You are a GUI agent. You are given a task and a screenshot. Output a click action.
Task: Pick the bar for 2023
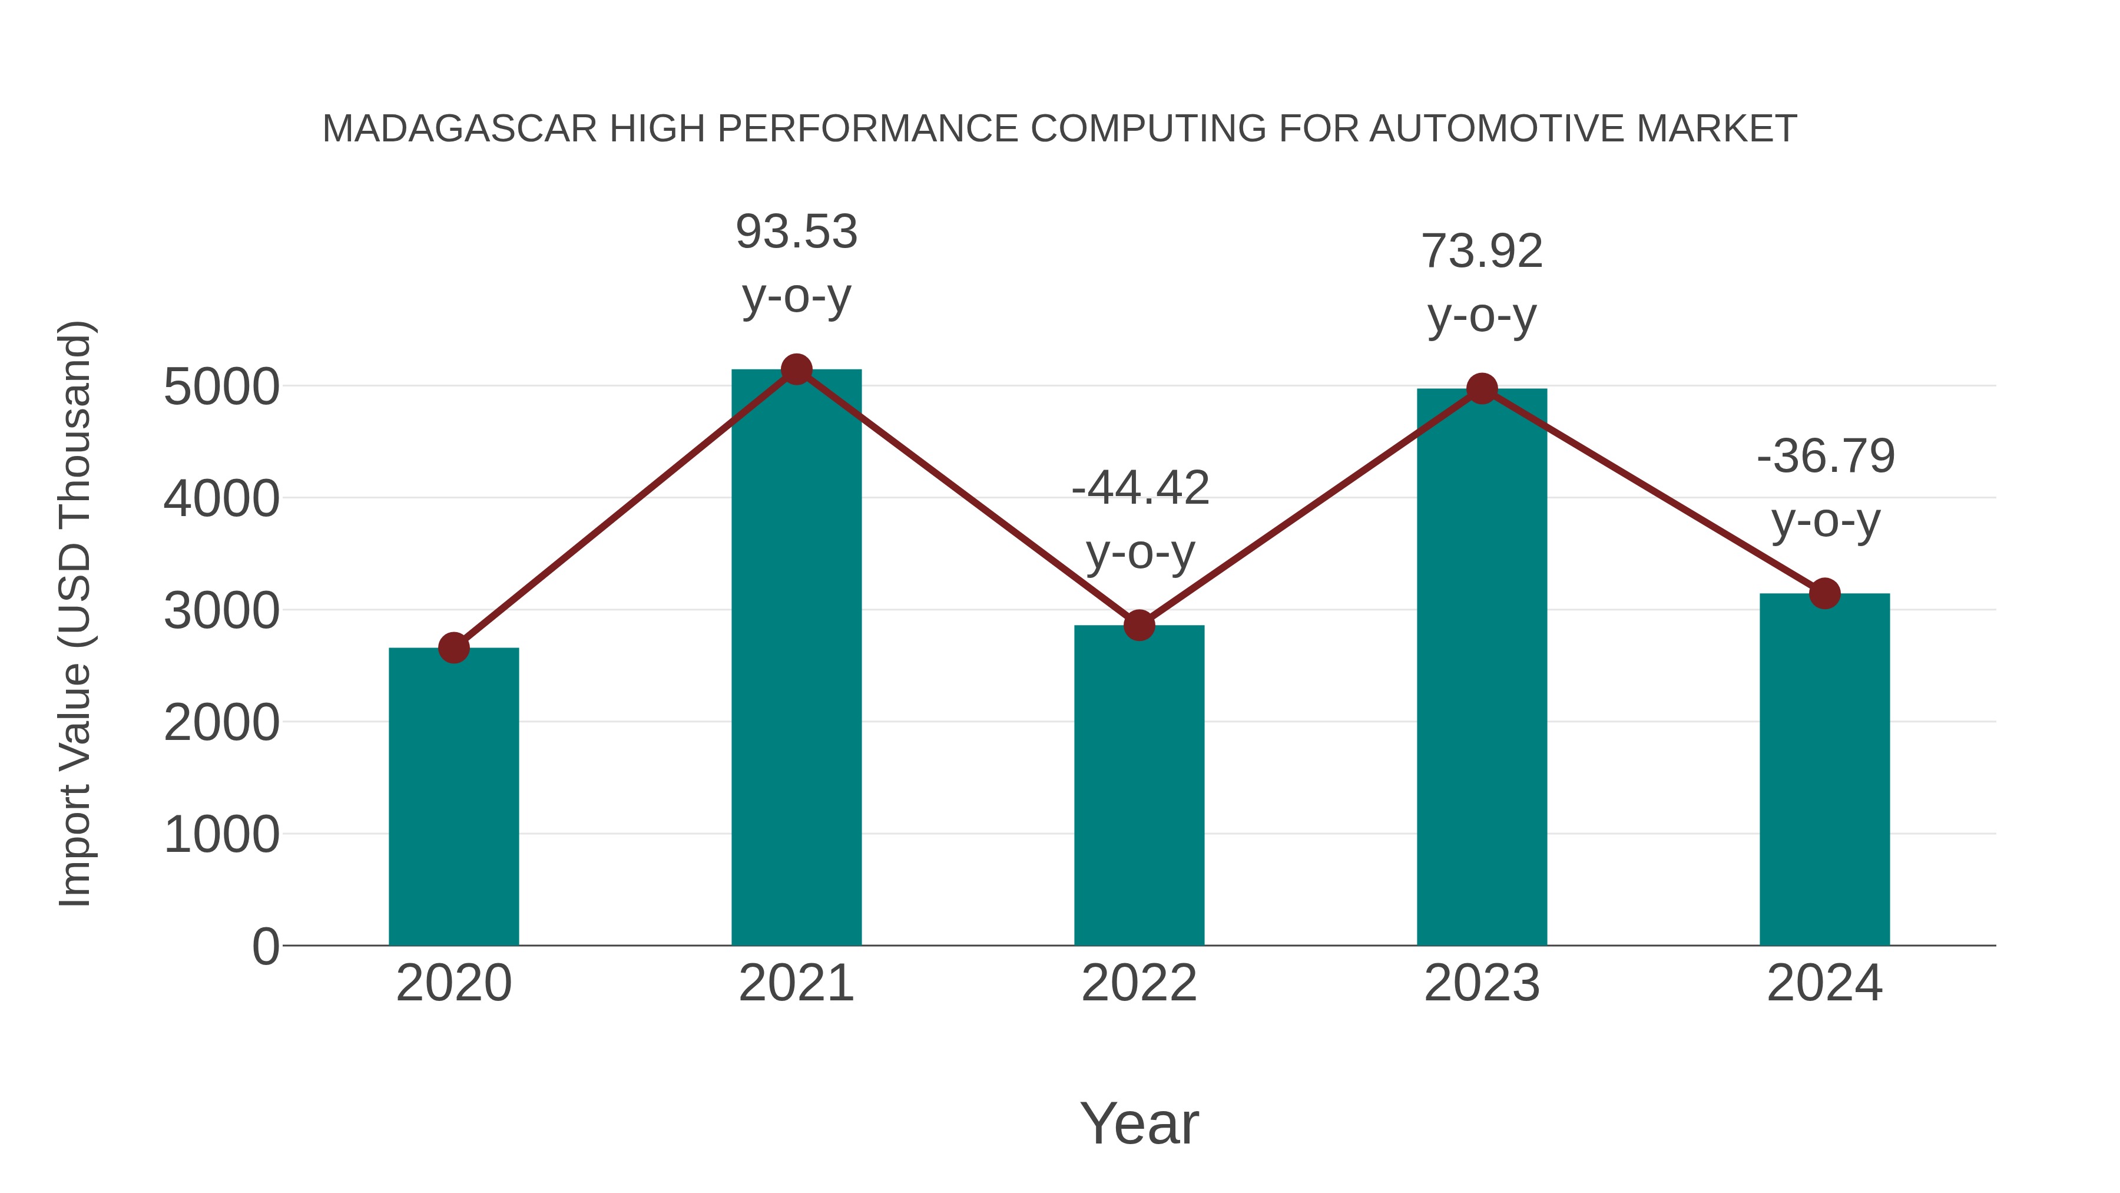[1482, 667]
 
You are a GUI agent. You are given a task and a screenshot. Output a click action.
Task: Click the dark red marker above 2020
[453, 648]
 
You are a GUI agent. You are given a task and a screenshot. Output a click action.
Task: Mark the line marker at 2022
[1139, 626]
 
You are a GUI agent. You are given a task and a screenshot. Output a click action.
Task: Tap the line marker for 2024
[1824, 593]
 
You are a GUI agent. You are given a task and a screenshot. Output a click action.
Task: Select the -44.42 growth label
[1140, 488]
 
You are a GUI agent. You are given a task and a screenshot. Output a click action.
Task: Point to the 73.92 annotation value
[1482, 252]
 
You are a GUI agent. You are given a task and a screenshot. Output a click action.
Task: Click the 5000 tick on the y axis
[221, 387]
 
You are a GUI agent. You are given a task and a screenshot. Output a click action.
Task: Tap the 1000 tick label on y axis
[221, 835]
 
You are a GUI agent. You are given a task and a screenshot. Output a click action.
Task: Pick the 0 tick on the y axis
[265, 947]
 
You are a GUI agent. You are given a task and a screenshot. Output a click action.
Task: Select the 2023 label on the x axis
[1482, 983]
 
